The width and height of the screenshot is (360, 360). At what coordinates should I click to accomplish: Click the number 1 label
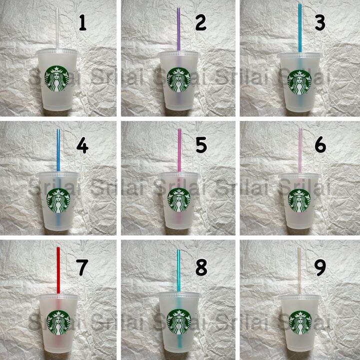point(82,23)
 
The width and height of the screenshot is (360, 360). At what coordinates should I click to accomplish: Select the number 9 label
point(320,268)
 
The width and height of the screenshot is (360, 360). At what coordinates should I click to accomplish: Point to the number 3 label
point(320,23)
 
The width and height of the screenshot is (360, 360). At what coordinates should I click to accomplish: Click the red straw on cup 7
point(58,270)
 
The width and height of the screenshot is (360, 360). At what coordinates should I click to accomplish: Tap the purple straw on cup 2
point(178,29)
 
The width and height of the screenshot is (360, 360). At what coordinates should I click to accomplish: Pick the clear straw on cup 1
point(57,28)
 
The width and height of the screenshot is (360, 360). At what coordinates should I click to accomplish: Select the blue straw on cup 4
point(58,150)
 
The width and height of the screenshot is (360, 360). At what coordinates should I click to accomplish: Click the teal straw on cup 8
point(178,270)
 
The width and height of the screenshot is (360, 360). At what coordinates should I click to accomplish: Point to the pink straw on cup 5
point(179,150)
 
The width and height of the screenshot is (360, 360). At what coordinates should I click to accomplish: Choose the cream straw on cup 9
point(299,271)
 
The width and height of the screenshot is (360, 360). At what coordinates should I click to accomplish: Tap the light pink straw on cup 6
point(300,150)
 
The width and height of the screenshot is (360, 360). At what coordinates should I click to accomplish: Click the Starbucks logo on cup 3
point(299,82)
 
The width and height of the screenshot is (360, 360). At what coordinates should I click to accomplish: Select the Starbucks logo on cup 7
point(58,322)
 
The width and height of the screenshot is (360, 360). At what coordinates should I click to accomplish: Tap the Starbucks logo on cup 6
point(299,200)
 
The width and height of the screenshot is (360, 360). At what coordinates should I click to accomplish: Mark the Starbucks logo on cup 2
point(179,80)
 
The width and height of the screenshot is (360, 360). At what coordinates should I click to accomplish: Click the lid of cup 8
point(179,295)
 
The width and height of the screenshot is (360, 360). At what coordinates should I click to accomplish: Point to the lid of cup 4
point(58,175)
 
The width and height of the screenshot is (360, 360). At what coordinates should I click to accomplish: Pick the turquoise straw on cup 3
point(299,28)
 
